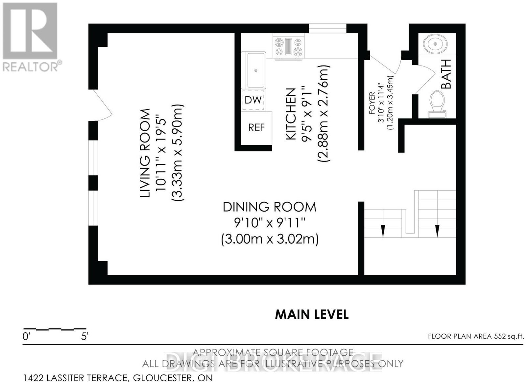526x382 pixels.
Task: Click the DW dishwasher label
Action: click(253, 100)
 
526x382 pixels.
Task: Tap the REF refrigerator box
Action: click(256, 128)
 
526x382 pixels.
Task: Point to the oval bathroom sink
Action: click(435, 44)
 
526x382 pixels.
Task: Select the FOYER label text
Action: click(372, 106)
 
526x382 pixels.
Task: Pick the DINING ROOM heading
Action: click(270, 207)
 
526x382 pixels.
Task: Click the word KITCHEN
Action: click(291, 115)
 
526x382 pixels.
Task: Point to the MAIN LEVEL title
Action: click(312, 315)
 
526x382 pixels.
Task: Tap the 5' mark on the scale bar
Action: click(85, 337)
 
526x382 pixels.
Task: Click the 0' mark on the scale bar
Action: click(26, 337)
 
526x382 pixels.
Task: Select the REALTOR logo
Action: click(30, 37)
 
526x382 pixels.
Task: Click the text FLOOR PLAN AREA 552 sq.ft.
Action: click(476, 337)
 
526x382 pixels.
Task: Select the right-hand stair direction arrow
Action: click(437, 231)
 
